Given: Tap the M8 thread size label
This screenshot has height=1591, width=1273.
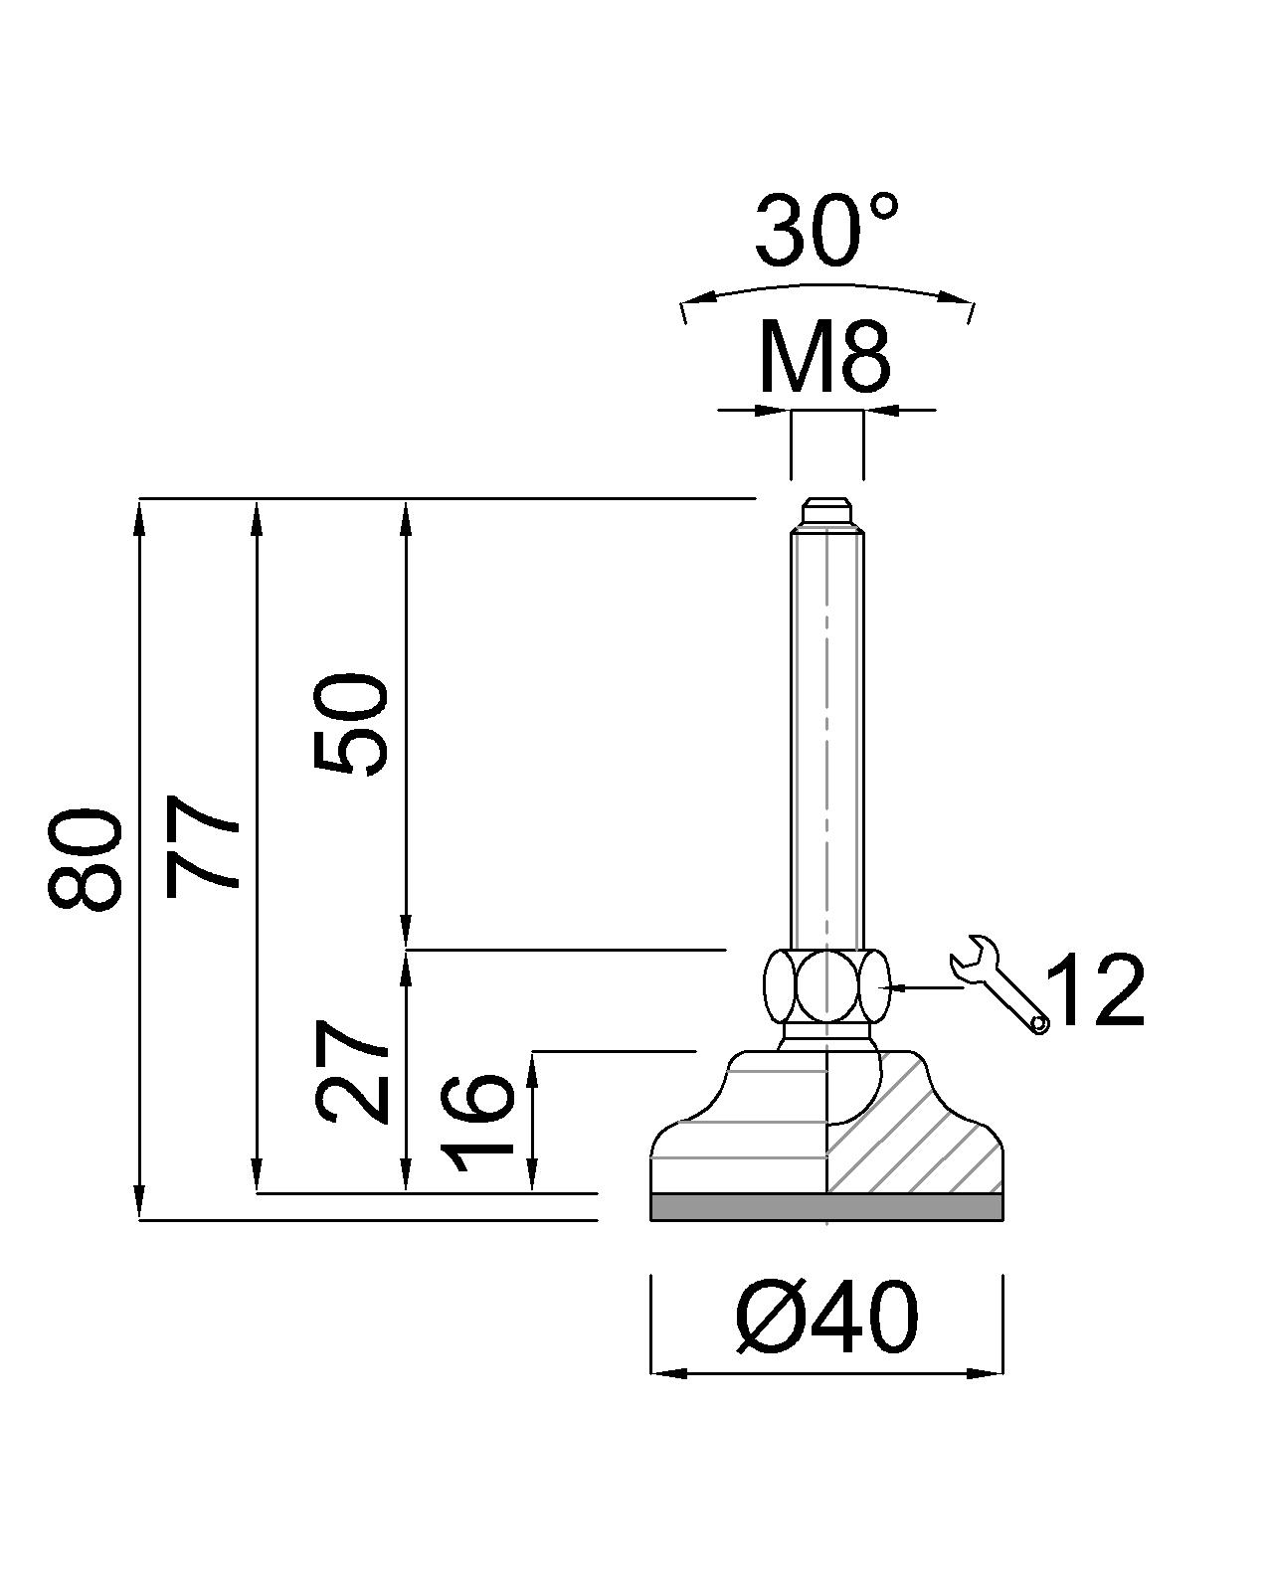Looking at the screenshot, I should [823, 358].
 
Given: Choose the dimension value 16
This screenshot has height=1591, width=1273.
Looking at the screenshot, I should [477, 1122].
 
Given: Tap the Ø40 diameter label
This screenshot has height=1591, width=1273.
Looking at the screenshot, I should [827, 1319].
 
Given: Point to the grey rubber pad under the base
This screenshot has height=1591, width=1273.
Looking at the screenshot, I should [826, 1206].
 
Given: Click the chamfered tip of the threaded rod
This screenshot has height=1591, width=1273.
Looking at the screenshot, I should [826, 513].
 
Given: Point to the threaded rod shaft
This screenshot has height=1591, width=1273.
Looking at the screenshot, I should [826, 736].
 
